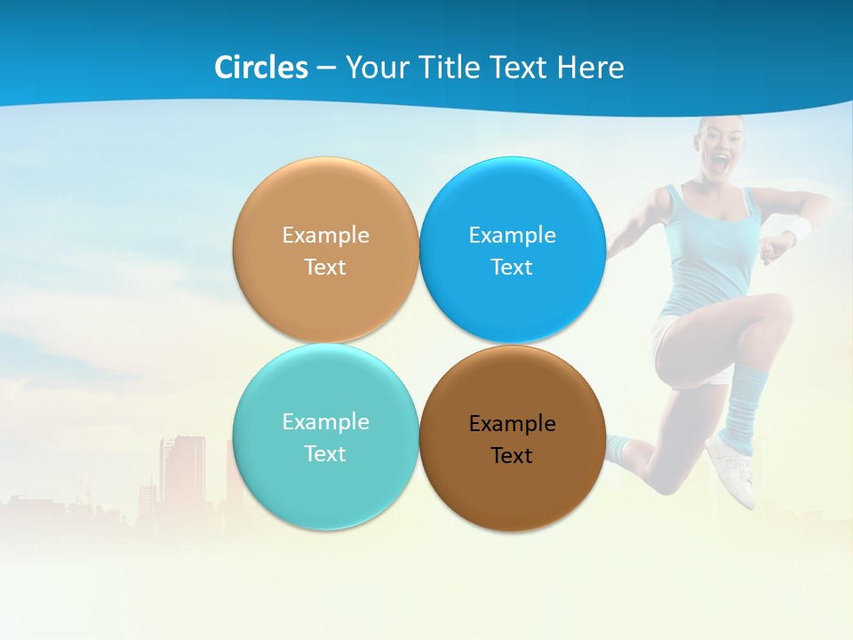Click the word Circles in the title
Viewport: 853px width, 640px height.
pyautogui.click(x=260, y=68)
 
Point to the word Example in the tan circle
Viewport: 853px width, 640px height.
pyautogui.click(x=325, y=236)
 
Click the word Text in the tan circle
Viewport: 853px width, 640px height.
pyautogui.click(x=325, y=268)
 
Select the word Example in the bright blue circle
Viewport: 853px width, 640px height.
pyautogui.click(x=512, y=236)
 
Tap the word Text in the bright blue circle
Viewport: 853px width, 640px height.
pyautogui.click(x=512, y=268)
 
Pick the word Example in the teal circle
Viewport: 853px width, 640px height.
pyautogui.click(x=325, y=422)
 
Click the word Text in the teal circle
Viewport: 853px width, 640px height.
pyautogui.click(x=325, y=454)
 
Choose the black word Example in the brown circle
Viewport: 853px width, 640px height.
pyautogui.click(x=512, y=424)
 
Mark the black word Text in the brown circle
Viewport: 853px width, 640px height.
pyautogui.click(x=512, y=456)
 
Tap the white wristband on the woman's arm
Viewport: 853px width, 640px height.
pyautogui.click(x=799, y=230)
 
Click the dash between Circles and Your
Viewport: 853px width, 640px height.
pyautogui.click(x=326, y=68)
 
